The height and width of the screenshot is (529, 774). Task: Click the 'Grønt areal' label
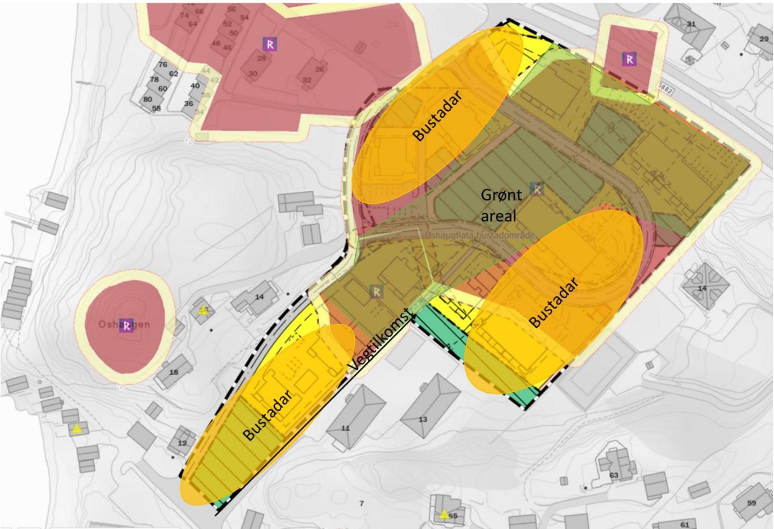[501, 205]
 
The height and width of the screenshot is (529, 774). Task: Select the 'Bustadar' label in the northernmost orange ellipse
[437, 116]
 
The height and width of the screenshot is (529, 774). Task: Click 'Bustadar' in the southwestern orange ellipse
[268, 415]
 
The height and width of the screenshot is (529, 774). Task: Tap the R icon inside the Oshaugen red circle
[127, 325]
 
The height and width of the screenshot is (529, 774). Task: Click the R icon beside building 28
[270, 44]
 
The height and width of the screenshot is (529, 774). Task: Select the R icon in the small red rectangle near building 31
[629, 59]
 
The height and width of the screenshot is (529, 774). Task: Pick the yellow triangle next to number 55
[443, 514]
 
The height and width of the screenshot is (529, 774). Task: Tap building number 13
[423, 419]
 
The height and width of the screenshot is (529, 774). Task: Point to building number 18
[174, 372]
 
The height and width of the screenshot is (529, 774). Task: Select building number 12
[182, 443]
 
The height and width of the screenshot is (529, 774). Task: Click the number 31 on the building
[691, 24]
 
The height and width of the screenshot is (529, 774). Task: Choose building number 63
[614, 475]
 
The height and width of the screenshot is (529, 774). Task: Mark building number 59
[751, 503]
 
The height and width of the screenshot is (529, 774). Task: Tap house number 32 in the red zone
[307, 80]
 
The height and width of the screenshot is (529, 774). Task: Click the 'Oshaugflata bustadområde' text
[480, 236]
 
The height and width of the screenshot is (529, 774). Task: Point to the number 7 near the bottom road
[361, 503]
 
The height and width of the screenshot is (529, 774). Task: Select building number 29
[764, 39]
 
